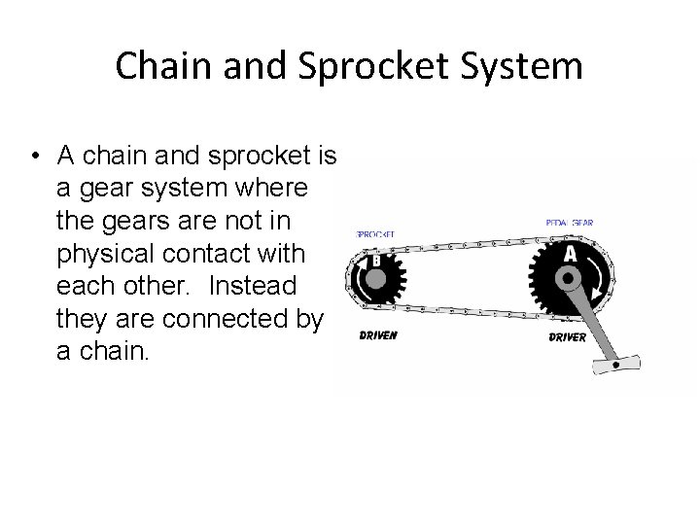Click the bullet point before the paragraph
coord(34,157)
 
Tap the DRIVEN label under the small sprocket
coord(377,335)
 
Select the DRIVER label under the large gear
coord(567,337)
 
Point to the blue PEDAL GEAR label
coord(570,224)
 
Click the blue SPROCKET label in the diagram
coord(375,235)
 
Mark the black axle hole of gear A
coord(567,279)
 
